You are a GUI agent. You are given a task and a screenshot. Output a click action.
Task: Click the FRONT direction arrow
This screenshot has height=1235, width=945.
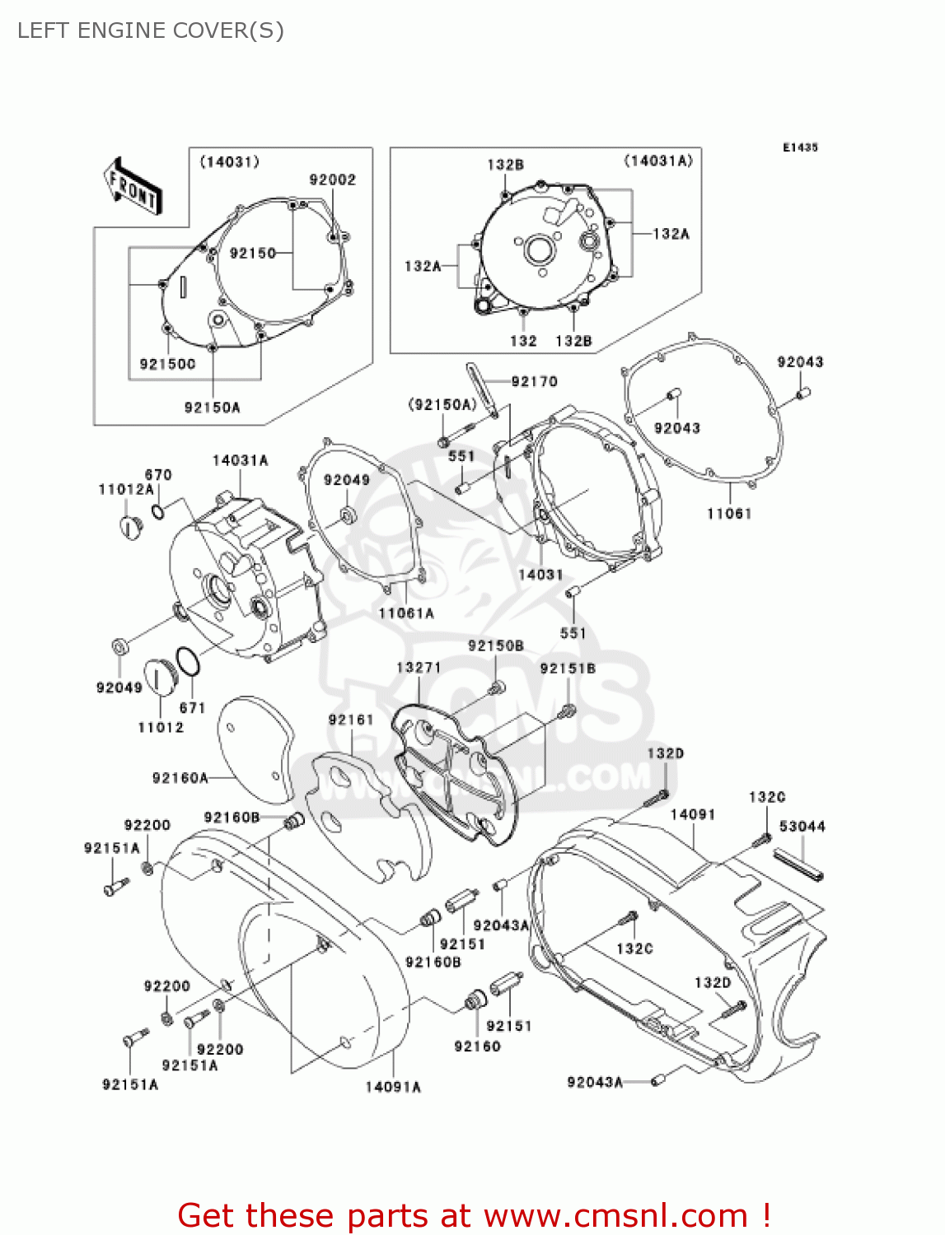point(132,187)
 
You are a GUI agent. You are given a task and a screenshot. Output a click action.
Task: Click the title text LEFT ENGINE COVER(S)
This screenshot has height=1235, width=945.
point(151,30)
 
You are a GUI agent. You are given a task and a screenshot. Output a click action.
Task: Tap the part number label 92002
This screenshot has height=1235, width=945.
point(332,179)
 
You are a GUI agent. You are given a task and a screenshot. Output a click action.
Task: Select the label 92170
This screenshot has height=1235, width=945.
point(534,381)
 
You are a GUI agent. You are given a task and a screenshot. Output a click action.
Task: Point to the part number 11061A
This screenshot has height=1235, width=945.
point(405,613)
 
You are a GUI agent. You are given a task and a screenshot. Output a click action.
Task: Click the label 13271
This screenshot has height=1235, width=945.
point(419,668)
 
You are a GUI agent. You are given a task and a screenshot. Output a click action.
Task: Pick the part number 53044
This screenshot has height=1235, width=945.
point(802,826)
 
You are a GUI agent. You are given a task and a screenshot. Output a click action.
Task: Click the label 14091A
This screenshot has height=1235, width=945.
point(393,1087)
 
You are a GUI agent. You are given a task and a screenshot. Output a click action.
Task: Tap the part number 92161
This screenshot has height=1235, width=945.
point(351,720)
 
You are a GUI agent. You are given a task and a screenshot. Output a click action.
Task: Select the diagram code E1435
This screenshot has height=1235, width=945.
point(800,147)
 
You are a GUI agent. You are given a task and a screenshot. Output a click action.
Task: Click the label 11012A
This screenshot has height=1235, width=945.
point(126,489)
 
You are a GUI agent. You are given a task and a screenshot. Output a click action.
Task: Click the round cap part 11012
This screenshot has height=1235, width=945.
point(160,676)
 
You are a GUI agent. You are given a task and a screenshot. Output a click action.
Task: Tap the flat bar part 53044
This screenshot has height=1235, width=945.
point(798,864)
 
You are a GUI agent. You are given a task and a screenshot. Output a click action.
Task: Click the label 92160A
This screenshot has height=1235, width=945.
point(180,778)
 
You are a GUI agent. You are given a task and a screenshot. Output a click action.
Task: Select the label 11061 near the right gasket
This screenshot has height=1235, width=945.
point(729,514)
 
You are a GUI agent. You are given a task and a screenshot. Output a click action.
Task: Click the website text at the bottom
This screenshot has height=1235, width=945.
point(474,1215)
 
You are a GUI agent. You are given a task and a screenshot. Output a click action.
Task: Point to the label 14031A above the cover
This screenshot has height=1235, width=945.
point(240,460)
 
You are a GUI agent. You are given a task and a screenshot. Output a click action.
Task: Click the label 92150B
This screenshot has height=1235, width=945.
point(496,646)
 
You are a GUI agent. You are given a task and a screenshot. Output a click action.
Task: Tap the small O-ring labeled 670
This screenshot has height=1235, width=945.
point(158,513)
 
